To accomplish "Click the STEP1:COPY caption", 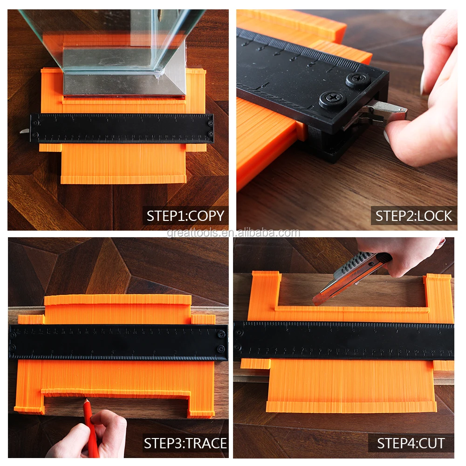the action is [x=185, y=216].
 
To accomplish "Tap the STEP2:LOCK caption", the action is [x=414, y=216].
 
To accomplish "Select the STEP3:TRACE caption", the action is [x=185, y=443].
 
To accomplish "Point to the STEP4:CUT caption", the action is [x=411, y=443].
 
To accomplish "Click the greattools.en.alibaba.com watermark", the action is [x=233, y=233].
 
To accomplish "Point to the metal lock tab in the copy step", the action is [x=25, y=131].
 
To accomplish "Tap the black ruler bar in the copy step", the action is [x=122, y=128].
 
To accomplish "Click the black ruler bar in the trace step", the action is [x=118, y=343].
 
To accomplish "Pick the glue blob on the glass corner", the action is [x=158, y=73].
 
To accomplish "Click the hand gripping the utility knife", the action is [x=401, y=254].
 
